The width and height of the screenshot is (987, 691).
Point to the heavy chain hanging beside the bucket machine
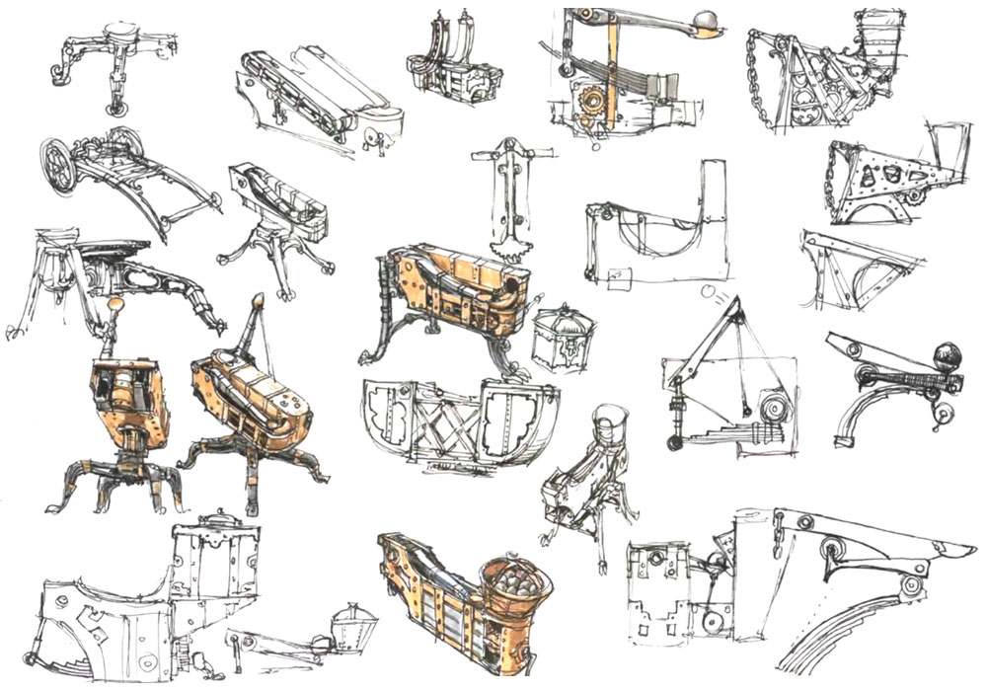pyautogui.click(x=765, y=79)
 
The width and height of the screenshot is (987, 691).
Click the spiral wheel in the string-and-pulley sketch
pyautogui.click(x=770, y=408)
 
